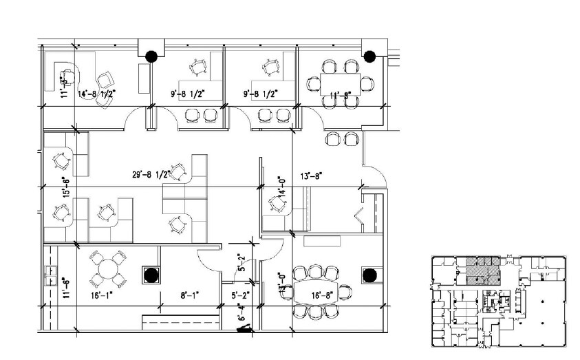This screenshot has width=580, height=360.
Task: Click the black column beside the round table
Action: point(150,274)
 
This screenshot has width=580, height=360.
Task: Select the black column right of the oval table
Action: point(369,275)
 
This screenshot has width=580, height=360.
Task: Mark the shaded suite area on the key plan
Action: point(482,271)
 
